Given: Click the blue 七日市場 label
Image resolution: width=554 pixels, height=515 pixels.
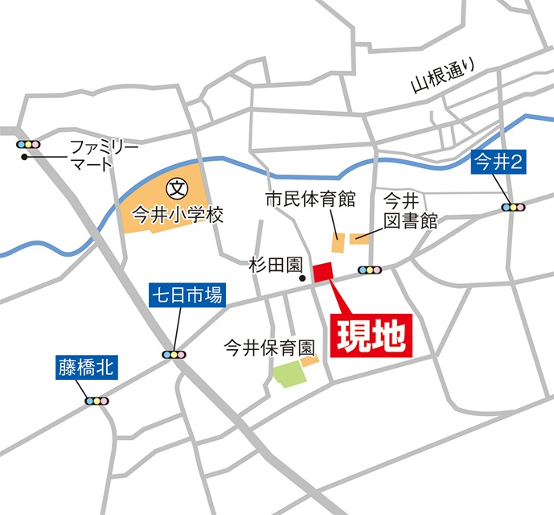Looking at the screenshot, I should coord(187,297).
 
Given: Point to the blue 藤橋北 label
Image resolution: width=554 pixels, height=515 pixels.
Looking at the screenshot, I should coord(86,368).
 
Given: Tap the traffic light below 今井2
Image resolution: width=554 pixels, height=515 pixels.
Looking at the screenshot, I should coord(512,207).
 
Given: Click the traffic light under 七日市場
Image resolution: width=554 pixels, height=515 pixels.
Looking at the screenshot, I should coord(174,353).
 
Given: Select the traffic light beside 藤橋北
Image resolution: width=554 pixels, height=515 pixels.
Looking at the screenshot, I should coord(96,400).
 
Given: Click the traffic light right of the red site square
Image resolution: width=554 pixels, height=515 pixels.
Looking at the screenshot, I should coord(371,270).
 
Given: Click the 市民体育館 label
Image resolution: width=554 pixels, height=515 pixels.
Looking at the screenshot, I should coord(299,199).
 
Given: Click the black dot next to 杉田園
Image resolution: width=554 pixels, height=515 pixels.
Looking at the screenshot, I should coord(303,279).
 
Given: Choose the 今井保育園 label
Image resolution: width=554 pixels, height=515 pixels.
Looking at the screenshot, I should coord(268,348).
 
